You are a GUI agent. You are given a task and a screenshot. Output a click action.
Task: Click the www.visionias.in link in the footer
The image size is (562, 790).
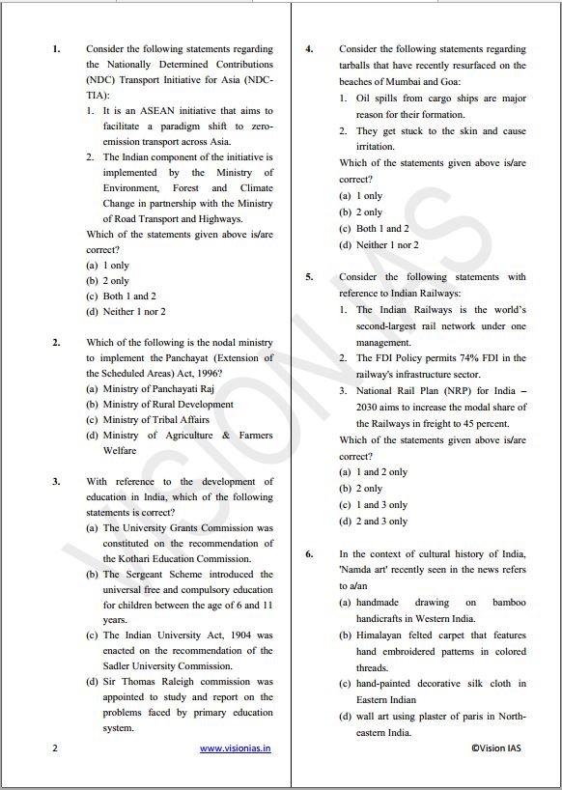pyautogui.click(x=235, y=748)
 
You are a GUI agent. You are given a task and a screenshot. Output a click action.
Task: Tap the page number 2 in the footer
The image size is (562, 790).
pyautogui.click(x=55, y=748)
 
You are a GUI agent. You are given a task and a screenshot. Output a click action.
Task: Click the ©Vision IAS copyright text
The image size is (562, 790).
pyautogui.click(x=495, y=748)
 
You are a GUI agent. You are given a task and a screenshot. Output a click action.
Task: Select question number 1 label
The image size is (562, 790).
pyautogui.click(x=56, y=48)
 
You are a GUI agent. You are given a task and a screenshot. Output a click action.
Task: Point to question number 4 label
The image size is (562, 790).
pyautogui.click(x=309, y=48)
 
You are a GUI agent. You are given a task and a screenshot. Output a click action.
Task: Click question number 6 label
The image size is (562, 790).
pyautogui.click(x=309, y=554)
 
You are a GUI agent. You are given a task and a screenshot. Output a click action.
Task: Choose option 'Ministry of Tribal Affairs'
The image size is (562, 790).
pyautogui.click(x=155, y=420)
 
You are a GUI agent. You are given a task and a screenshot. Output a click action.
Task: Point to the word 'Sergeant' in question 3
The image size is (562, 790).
pyautogui.click(x=163, y=574)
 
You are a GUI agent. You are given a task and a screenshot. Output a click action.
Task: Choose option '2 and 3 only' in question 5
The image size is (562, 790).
pyautogui.click(x=381, y=522)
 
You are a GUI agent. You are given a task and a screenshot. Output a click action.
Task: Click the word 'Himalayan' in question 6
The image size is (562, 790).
pyautogui.click(x=378, y=635)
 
